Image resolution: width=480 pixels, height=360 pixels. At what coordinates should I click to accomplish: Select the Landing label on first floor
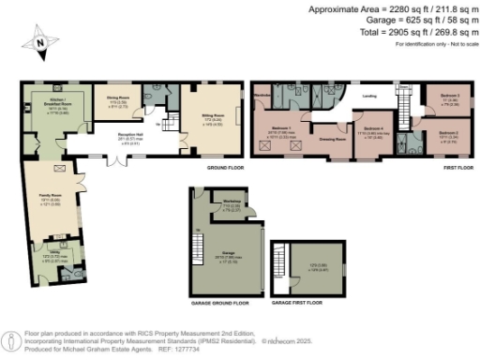pos(369,96)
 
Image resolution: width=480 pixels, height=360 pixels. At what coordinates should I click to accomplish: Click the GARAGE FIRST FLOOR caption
pos(293,304)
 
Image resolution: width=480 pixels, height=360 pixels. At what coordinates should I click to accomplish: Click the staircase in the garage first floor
pos(277,262)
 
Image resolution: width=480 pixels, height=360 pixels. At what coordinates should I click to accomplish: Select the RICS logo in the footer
pos(12,337)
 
